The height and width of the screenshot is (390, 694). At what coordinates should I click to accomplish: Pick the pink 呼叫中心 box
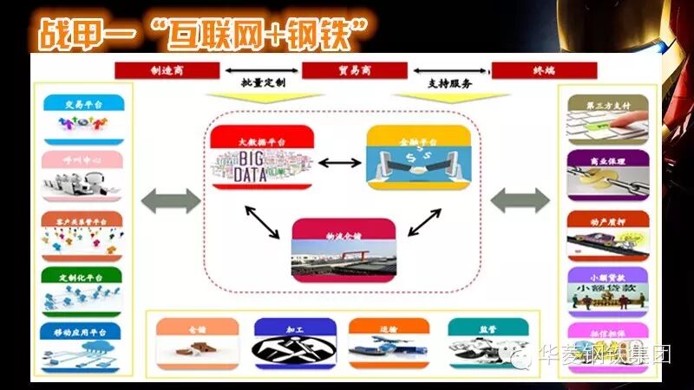[82, 173]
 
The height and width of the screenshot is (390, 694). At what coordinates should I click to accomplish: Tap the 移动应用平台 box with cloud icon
[82, 343]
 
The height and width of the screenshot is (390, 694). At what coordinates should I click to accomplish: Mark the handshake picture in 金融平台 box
[418, 166]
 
